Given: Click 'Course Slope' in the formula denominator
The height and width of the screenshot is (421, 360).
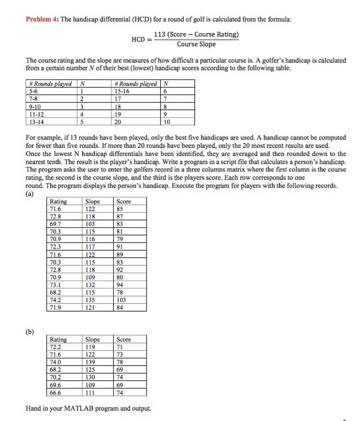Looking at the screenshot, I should click(196, 43).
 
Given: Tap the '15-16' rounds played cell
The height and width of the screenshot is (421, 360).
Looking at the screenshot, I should click(123, 90).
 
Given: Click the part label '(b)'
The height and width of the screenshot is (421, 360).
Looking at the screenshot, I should click(29, 329).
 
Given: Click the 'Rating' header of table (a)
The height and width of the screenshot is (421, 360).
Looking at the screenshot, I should click(58, 202).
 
